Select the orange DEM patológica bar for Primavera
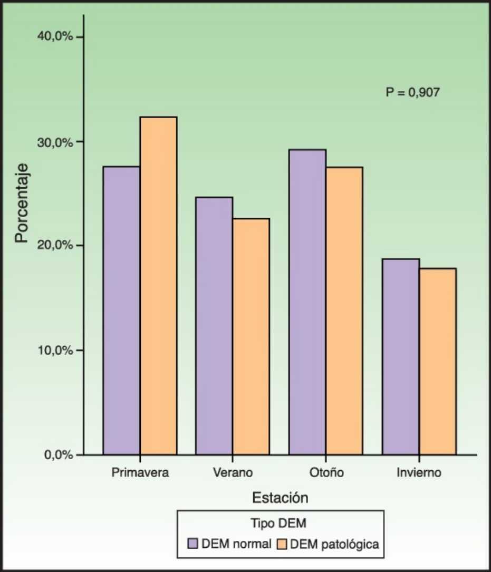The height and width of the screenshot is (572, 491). pos(158,285)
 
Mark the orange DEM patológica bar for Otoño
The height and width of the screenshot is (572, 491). pos(344,311)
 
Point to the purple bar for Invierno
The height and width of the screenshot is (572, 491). pos(401,356)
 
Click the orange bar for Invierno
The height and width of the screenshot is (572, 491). pos(438,361)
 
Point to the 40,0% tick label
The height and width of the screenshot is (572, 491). pos(55,36)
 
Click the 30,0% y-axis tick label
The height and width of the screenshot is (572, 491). pos(55,141)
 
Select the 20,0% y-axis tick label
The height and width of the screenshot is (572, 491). pos(55,246)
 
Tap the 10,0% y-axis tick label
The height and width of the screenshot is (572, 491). pos(55,350)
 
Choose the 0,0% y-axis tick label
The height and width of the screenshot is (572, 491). pos(57,454)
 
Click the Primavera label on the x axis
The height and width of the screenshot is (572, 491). pos(140,472)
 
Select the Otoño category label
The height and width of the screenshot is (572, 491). pos(325,472)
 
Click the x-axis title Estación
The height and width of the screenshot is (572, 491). pos(280,497)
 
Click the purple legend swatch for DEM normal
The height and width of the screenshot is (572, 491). pos(193,544)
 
